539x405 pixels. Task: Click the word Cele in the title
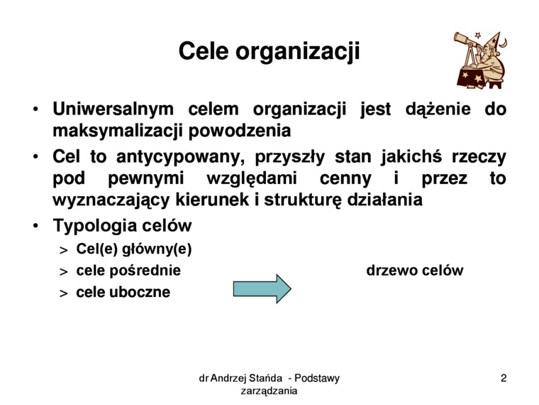click(204, 51)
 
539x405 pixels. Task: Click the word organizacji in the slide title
click(298, 53)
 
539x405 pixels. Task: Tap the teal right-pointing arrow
click(262, 288)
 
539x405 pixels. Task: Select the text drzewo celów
click(415, 270)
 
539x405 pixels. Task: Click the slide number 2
click(504, 378)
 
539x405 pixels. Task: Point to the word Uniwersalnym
click(113, 109)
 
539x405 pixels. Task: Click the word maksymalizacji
click(117, 131)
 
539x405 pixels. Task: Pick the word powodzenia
click(240, 131)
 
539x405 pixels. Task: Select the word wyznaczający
click(111, 200)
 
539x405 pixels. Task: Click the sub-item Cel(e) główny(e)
click(134, 249)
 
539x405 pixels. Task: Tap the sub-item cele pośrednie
click(128, 270)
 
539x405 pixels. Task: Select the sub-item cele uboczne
click(123, 292)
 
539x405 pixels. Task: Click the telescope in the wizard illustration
click(468, 41)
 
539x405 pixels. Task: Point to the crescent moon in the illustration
click(503, 43)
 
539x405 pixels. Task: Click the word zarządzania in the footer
click(269, 391)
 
